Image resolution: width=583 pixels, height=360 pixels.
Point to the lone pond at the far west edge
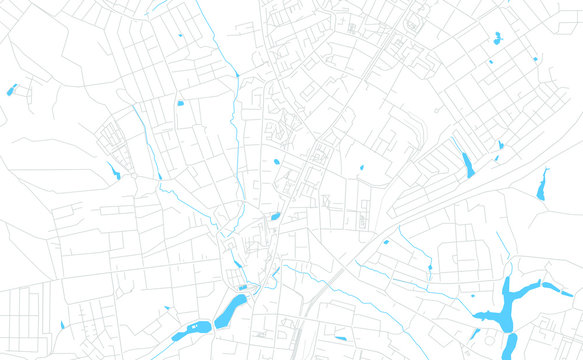pyautogui.click(x=12, y=90)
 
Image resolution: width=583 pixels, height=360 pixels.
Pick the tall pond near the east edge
pyautogui.click(x=543, y=184)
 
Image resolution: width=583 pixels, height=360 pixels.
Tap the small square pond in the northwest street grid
pyautogui.click(x=180, y=102)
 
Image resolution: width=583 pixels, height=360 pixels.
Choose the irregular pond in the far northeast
pyautogui.click(x=496, y=39)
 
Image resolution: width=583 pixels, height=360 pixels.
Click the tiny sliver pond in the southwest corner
pyautogui.click(x=62, y=325)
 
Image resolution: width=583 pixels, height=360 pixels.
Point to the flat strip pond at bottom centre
pyautogui.click(x=341, y=337)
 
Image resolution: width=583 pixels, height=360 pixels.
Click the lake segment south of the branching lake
pyautogui.click(x=509, y=344)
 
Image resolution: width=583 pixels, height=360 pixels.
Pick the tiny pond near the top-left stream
pyautogui.click(x=180, y=36)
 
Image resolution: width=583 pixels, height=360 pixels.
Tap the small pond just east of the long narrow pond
pyautogui.click(x=501, y=145)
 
